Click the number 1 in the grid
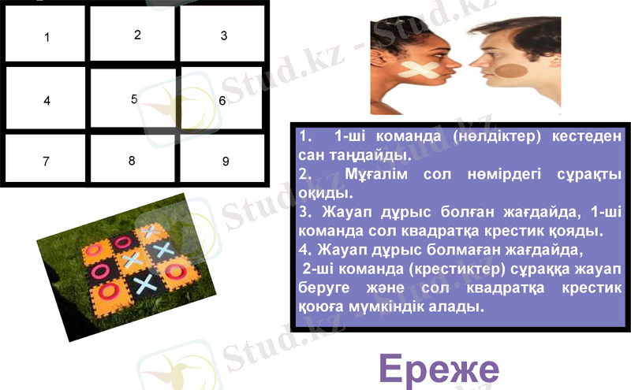[x=47, y=37]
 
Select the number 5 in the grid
[x=134, y=98]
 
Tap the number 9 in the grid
[x=225, y=162]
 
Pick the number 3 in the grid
[x=224, y=35]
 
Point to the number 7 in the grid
[x=47, y=162]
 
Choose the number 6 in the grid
[x=222, y=101]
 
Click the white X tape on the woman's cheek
[x=418, y=71]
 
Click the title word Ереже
[x=438, y=368]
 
